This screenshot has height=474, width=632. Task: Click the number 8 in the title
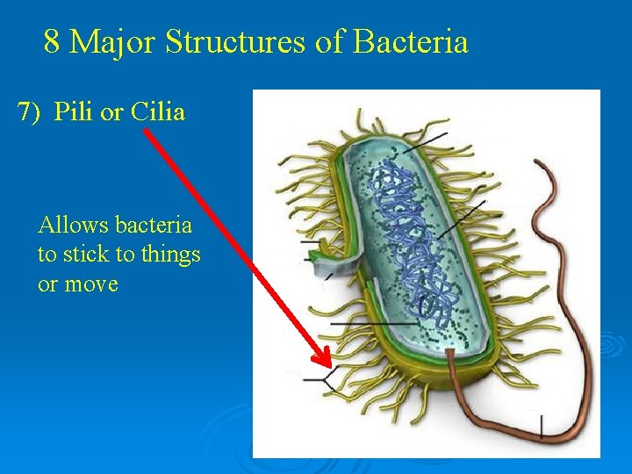tap(52, 41)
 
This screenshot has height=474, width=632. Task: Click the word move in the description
tap(90, 284)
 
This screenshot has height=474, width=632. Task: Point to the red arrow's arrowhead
tap(323, 360)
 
